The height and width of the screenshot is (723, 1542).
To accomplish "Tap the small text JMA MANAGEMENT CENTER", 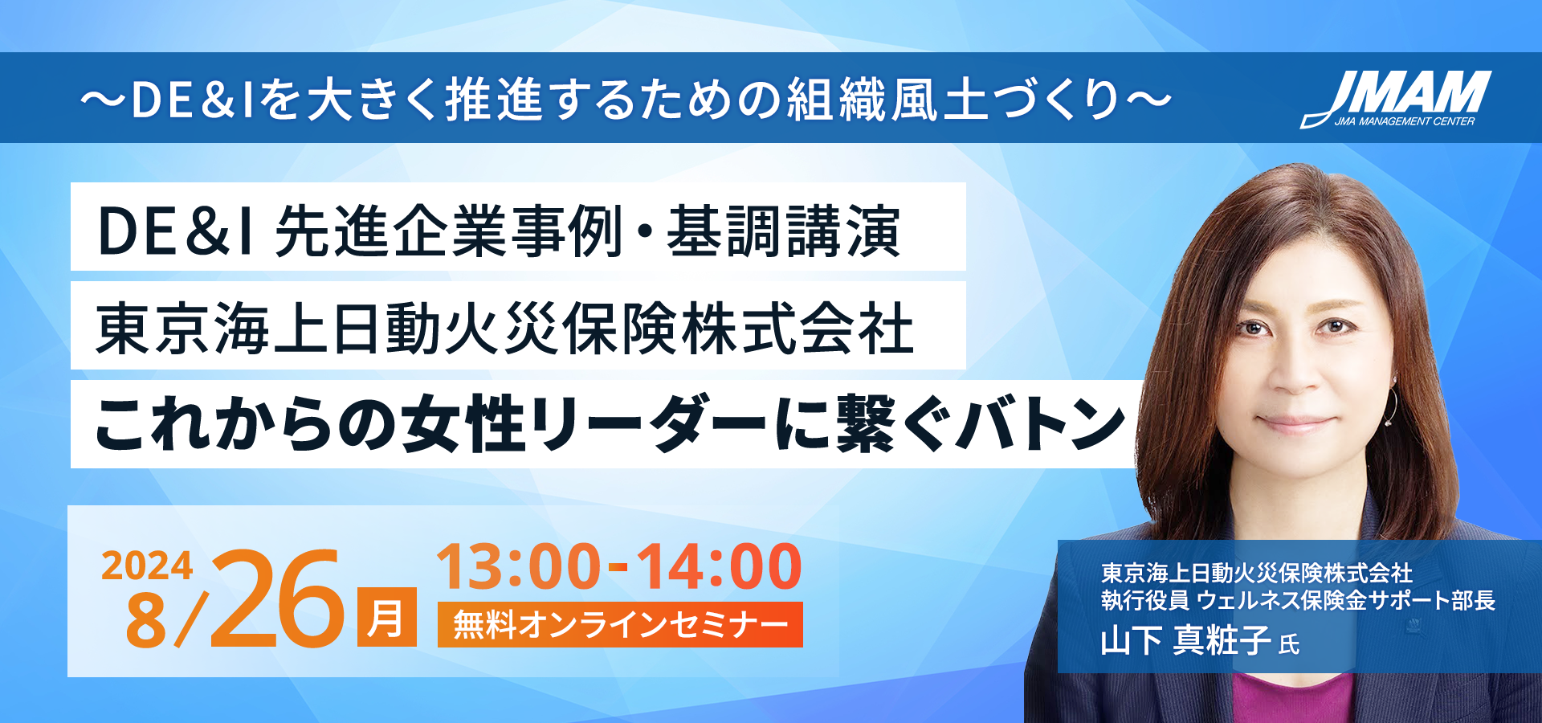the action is [1405, 122].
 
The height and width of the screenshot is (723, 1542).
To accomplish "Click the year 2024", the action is [147, 566].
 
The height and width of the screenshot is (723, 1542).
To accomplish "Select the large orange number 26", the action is [277, 598].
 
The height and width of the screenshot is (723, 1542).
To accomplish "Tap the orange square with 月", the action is [387, 617].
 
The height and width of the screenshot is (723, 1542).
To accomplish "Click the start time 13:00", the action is [519, 567].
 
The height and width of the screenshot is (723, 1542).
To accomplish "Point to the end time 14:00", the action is [720, 567].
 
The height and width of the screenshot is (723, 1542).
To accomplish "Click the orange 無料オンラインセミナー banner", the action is [620, 624].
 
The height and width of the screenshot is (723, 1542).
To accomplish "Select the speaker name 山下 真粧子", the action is [1185, 640].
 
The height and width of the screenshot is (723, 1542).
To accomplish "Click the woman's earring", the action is [1389, 406].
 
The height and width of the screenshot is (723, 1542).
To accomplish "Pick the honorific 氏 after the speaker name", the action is [1289, 644].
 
